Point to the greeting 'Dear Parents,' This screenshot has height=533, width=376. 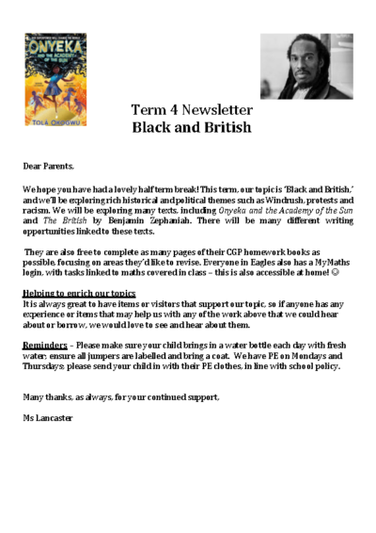pyautogui.click(x=48, y=165)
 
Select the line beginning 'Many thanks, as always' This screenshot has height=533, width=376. pyautogui.click(x=121, y=396)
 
